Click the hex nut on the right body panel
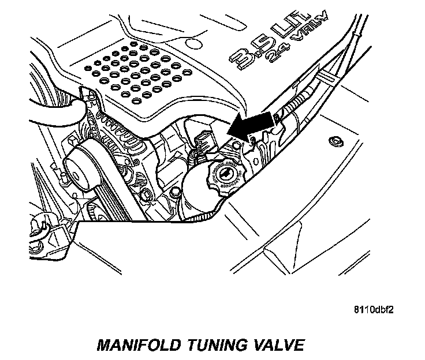coord(333,142)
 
